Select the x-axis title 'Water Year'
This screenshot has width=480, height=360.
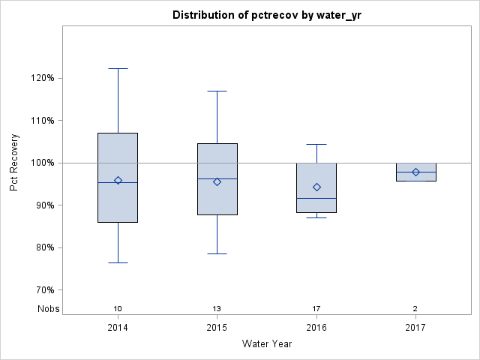tap(266, 343)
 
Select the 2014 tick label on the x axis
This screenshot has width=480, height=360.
tap(118, 328)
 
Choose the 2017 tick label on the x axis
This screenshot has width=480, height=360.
tap(415, 328)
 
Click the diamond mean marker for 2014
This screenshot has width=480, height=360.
tap(118, 180)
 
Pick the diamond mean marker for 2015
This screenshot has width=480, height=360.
tap(217, 181)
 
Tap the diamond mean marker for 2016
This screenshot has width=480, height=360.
tap(316, 187)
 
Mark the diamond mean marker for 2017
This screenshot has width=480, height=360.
tap(415, 172)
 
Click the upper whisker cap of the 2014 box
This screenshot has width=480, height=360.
tap(118, 68)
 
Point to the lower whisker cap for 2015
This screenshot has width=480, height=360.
tap(217, 253)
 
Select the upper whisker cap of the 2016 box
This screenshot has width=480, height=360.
tap(316, 144)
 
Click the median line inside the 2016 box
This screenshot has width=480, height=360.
tap(316, 198)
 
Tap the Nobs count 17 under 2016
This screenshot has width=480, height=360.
tap(316, 309)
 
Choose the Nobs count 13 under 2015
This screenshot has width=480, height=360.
tap(217, 309)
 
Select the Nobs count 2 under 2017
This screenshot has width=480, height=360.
tap(415, 309)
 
